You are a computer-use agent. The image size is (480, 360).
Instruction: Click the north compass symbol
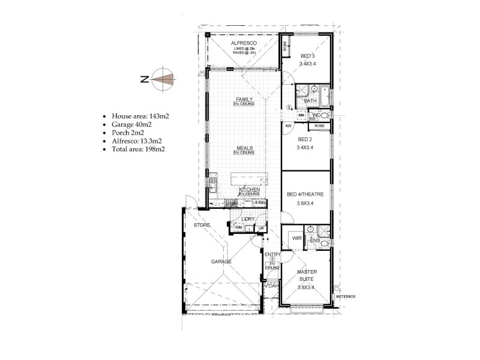[163, 79]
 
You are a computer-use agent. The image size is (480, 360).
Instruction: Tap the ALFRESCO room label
[243, 44]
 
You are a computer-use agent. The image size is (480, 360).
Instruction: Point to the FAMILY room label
[244, 99]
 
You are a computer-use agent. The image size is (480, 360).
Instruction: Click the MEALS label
[244, 148]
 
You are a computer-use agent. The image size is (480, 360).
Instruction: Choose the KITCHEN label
[248, 189]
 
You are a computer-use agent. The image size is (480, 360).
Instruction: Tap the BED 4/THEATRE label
[305, 194]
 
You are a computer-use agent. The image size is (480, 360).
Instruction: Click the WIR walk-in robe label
[296, 238]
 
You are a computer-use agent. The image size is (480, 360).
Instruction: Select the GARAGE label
[221, 262]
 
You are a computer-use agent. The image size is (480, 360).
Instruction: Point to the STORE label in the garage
[200, 225]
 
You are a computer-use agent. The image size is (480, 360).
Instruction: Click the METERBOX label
[346, 296]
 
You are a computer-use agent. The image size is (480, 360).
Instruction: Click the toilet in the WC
[325, 114]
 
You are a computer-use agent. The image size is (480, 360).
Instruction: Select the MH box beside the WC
[301, 115]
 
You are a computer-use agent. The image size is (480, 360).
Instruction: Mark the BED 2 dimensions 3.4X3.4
[307, 146]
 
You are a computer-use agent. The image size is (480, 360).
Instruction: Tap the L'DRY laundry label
[248, 219]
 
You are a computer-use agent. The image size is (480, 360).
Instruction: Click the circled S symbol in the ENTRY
[272, 258]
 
